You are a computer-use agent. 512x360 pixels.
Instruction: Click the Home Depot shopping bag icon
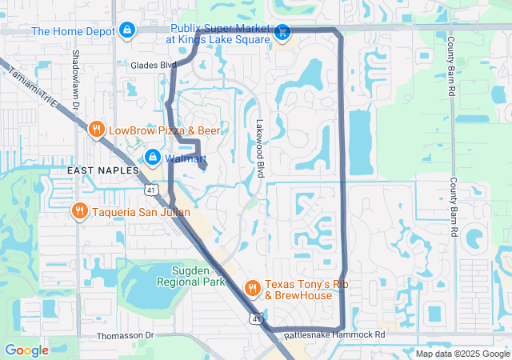point(126,31)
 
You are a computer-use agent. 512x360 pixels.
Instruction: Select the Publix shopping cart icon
point(282,33)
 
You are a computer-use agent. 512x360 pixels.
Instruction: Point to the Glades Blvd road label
point(154,65)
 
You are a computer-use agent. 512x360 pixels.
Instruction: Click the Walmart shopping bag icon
point(154,158)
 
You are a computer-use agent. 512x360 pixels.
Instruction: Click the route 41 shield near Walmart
point(150,190)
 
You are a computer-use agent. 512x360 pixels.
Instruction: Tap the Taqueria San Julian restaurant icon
point(79,212)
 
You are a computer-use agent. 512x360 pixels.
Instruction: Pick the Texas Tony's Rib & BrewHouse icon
point(252,288)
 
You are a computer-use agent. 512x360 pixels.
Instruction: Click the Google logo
point(26,350)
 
